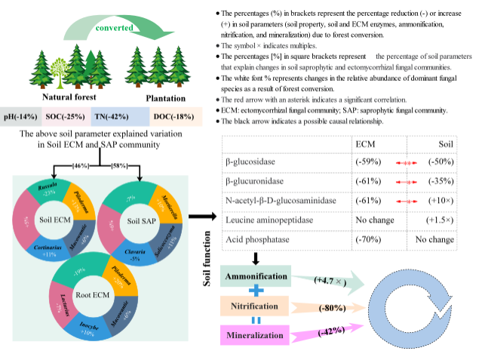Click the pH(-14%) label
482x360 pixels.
(x=21, y=117)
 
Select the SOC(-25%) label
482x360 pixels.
(x=66, y=117)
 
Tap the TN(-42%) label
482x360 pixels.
(x=112, y=117)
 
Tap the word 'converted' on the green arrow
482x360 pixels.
(x=115, y=27)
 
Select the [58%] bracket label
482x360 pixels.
(x=120, y=165)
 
